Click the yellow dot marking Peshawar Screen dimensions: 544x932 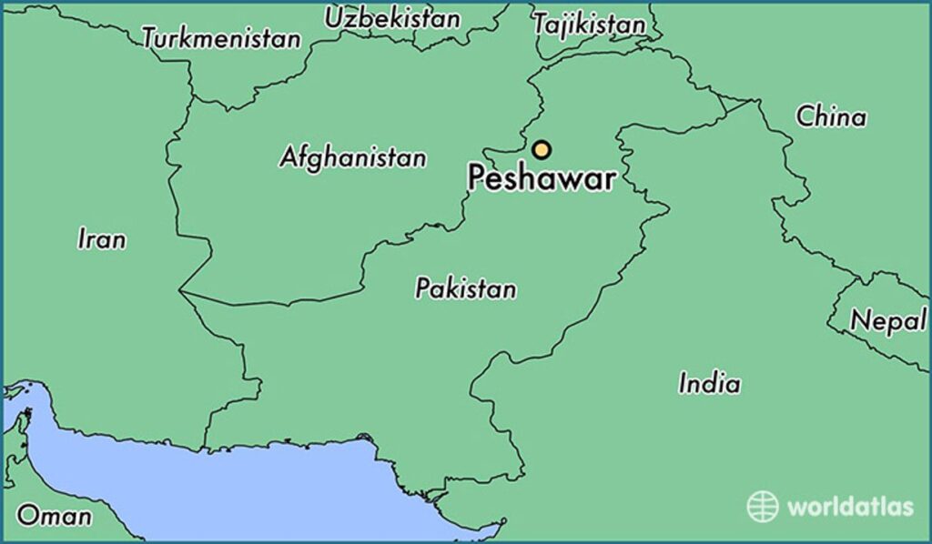(542, 150)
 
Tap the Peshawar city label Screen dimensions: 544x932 (541, 178)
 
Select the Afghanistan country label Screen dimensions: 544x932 (352, 156)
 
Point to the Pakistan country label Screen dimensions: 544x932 (465, 289)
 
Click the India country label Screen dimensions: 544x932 (709, 383)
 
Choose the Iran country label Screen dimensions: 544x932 (102, 239)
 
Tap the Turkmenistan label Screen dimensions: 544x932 (221, 38)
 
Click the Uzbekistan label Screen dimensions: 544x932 (392, 17)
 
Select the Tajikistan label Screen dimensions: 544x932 (589, 25)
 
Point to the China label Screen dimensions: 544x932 (830, 116)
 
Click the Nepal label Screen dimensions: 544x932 (887, 320)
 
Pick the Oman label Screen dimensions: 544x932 (55, 517)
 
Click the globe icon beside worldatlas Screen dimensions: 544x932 (763, 507)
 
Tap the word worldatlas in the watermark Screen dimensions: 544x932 (849, 507)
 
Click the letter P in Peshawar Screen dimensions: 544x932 (478, 178)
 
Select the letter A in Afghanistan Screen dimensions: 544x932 (289, 156)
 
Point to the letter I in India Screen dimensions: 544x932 (683, 383)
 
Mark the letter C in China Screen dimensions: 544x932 (805, 116)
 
